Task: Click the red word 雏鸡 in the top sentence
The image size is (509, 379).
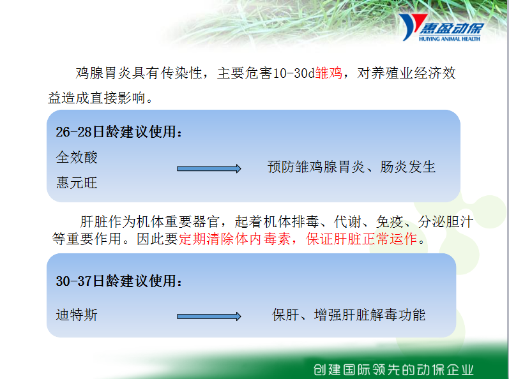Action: point(328,73)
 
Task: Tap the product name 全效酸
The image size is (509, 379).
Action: point(77,157)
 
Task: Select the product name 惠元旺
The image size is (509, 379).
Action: point(77,182)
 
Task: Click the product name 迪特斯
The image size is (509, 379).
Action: point(77,315)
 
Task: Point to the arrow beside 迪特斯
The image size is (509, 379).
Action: point(209,316)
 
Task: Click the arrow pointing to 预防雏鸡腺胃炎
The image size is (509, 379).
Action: point(209,168)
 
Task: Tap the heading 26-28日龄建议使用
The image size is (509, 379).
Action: point(119,132)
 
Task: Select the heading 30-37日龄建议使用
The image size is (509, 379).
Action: point(119,281)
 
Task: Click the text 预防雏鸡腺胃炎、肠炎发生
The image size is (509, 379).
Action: point(351,167)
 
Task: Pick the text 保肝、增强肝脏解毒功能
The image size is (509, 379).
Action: point(349,315)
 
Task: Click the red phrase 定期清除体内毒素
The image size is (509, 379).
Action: point(234,239)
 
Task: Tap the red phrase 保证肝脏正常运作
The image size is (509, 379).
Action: point(361,239)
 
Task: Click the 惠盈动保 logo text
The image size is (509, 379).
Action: point(452,29)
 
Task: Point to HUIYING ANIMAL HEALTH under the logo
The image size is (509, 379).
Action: point(449,39)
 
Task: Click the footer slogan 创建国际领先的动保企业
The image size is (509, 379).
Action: point(393,369)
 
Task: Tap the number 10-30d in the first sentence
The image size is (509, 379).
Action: point(294,73)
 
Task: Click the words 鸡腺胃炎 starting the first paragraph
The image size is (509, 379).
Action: point(104,73)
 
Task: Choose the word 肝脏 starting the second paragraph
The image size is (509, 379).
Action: point(94,222)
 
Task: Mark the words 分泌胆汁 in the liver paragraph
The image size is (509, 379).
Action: point(446,222)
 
